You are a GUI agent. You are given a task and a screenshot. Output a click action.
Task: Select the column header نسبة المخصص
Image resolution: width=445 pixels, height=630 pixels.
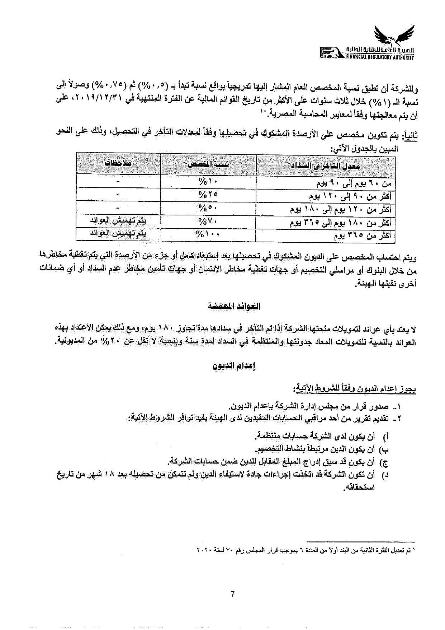tap(209, 165)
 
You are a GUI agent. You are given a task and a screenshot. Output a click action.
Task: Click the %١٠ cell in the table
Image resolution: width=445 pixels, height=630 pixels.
tap(208, 182)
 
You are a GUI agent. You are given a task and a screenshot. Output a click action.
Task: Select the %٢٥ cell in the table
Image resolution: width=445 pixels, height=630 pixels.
tap(208, 195)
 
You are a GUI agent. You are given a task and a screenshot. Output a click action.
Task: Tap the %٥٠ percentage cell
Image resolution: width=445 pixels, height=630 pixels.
tap(208, 208)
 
